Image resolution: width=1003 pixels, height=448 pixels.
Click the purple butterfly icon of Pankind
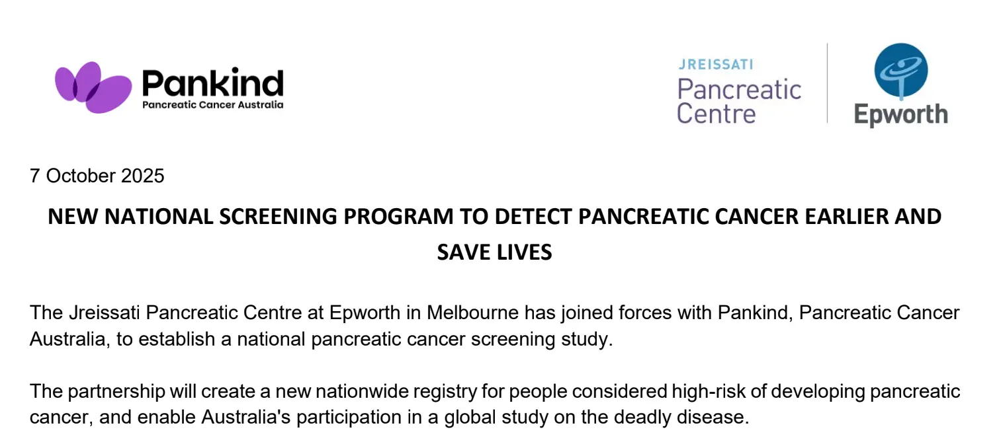coord(93,87)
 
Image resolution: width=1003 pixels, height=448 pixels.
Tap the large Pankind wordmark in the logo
coord(212,83)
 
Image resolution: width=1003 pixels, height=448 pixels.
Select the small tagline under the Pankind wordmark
coord(212,104)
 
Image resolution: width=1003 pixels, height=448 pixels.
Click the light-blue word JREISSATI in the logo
coord(716,65)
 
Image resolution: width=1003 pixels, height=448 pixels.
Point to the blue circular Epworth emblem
coord(901,71)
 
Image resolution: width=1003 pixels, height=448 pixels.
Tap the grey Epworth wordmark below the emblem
coord(901,115)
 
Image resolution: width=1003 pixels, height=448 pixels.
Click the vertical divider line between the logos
coord(827,83)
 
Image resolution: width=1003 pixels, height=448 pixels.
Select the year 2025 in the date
coord(142,176)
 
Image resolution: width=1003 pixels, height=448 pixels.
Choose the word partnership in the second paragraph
coord(116,392)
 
